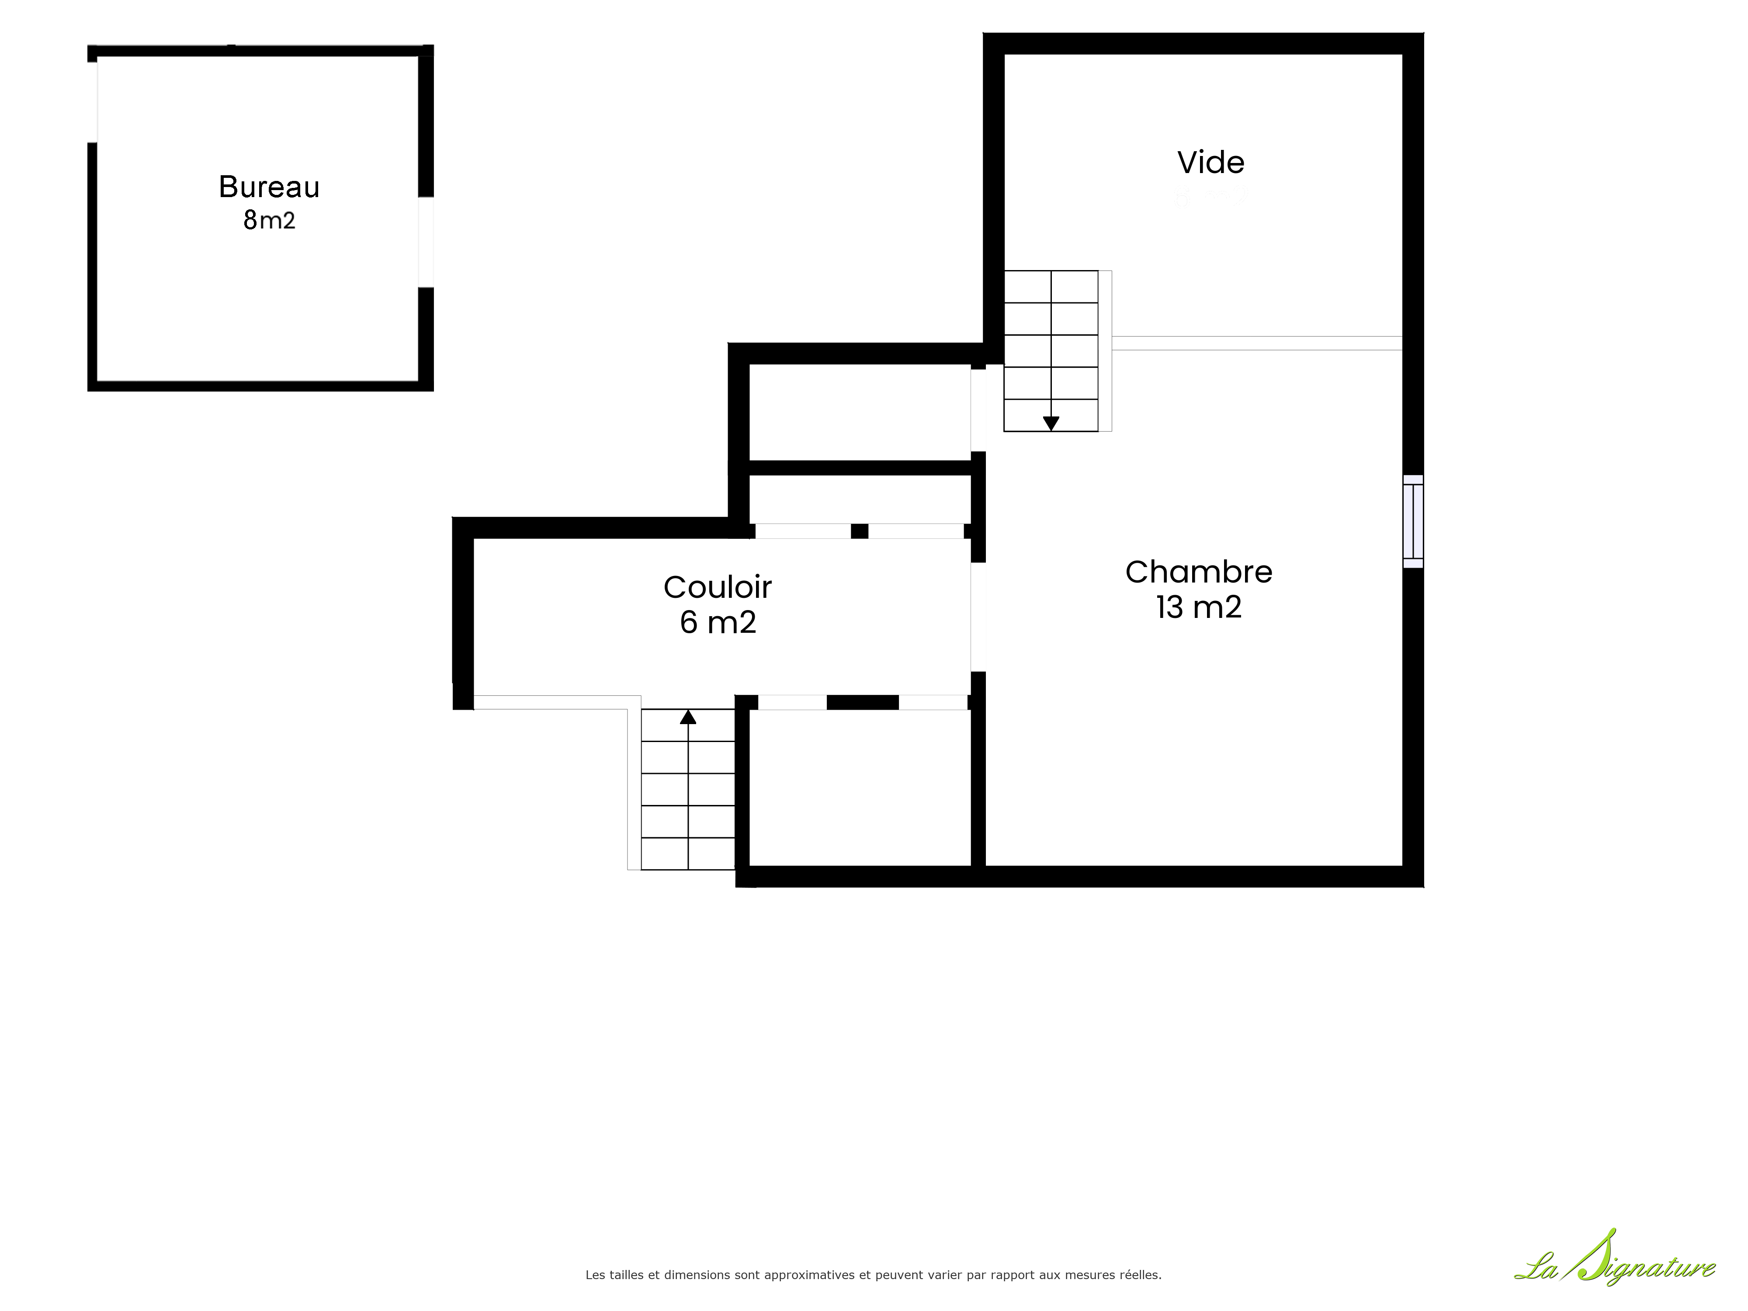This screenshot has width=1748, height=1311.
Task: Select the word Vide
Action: click(1210, 163)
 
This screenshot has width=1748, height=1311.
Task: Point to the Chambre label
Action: click(1199, 572)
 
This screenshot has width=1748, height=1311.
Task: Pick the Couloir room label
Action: click(718, 587)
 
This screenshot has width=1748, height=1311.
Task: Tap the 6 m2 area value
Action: click(718, 623)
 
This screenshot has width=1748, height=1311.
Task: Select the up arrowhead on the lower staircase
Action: click(688, 717)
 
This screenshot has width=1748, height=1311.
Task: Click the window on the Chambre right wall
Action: click(1413, 521)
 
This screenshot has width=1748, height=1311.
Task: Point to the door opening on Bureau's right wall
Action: click(426, 242)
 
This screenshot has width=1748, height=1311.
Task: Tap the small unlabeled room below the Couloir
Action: click(860, 788)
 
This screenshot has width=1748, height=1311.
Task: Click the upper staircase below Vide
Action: click(1051, 351)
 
